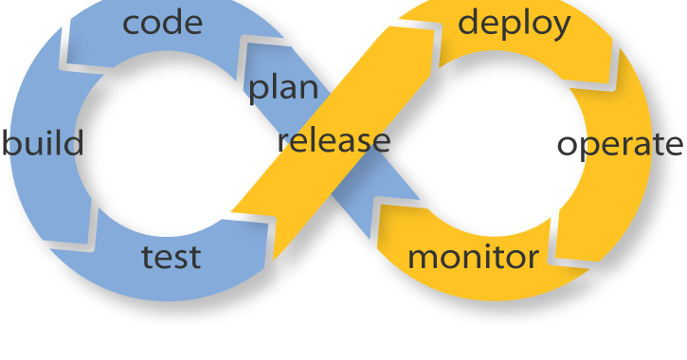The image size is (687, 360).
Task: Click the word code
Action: point(163,22)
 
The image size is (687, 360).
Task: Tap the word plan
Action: point(283,88)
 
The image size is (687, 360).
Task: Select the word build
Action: point(43,144)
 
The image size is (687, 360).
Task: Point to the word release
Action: point(334,141)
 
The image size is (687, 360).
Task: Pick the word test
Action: point(171,257)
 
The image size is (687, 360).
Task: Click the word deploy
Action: point(515,23)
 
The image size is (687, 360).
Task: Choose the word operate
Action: point(620,145)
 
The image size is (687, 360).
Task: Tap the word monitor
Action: point(473,257)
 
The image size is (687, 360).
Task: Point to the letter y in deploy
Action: point(561,27)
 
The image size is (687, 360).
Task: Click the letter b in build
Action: point(10,143)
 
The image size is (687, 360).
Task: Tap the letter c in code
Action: point(132,24)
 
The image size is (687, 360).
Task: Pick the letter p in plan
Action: point(258,92)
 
